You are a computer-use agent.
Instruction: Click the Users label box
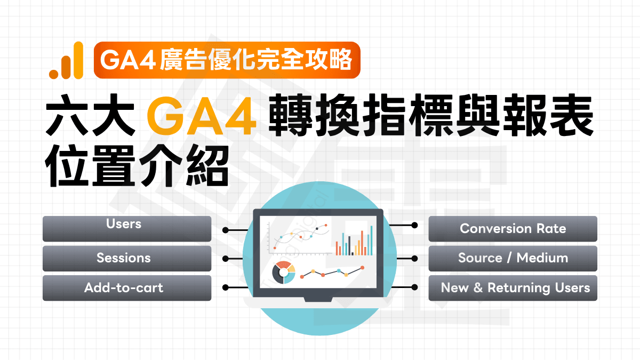(x=127, y=228)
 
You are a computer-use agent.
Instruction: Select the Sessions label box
(x=127, y=258)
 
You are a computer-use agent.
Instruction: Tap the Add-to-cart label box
(x=127, y=288)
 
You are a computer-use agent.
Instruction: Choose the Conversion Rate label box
(x=513, y=228)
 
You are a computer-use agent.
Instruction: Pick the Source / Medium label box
(x=513, y=258)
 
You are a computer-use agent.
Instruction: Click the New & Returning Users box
(x=513, y=288)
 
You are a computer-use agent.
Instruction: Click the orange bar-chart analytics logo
(x=66, y=61)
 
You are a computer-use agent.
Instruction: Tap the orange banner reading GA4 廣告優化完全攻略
(x=227, y=60)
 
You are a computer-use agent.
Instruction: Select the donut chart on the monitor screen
(x=283, y=273)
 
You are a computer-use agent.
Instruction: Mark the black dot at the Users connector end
(x=226, y=230)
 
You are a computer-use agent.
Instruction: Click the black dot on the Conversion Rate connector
(x=414, y=226)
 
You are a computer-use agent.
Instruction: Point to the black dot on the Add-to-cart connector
(x=226, y=287)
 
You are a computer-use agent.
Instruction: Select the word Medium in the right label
(x=542, y=258)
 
